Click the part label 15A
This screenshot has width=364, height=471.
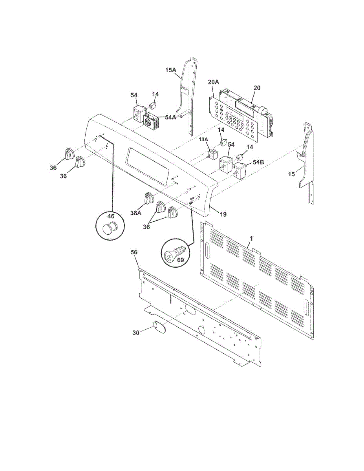click(171, 70)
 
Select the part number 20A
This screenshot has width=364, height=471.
click(213, 82)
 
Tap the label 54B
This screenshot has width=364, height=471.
click(258, 162)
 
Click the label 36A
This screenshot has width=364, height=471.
click(136, 213)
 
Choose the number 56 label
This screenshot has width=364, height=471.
click(134, 253)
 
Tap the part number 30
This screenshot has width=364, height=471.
click(136, 333)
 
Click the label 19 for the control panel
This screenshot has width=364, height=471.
click(223, 214)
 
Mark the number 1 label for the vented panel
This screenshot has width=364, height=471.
click(251, 239)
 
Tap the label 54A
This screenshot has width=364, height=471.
click(171, 117)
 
